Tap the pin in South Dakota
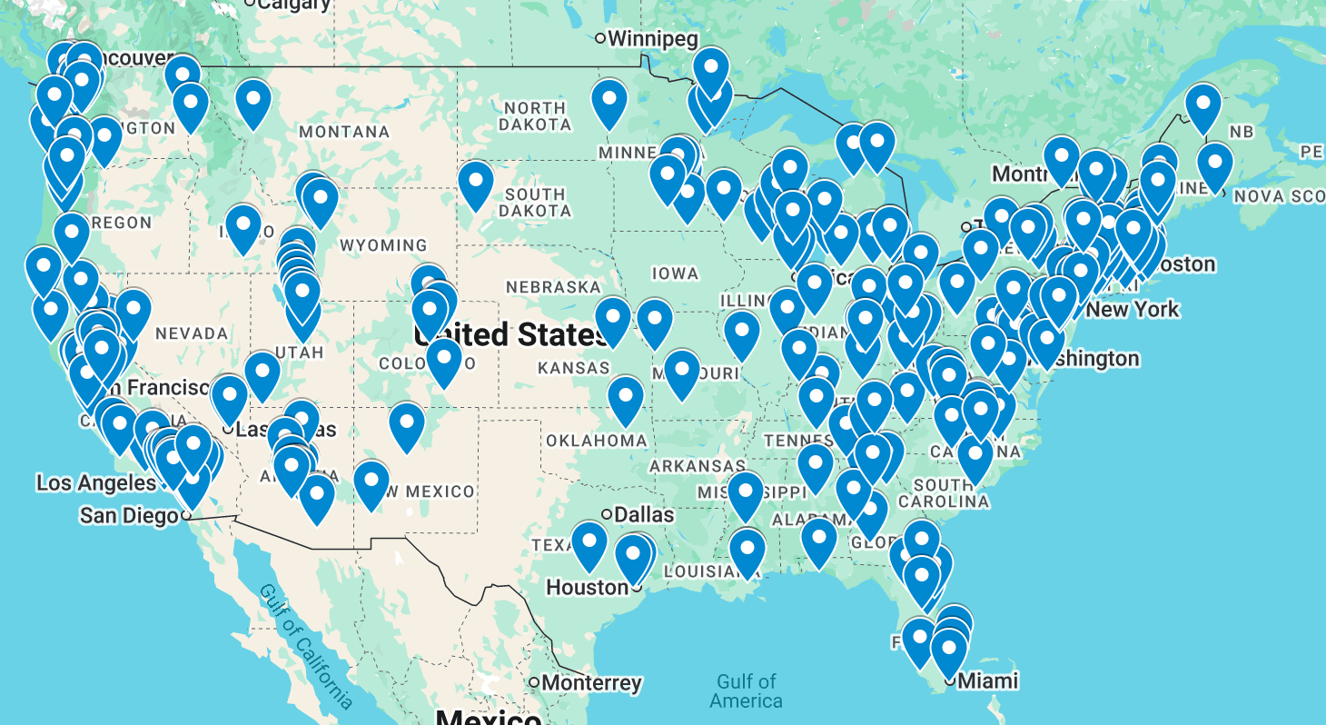[476, 184]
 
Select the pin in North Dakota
[609, 103]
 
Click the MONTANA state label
[344, 133]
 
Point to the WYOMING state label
[383, 245]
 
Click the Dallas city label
[644, 514]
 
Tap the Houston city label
[587, 588]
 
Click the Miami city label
[988, 680]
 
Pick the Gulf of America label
[746, 690]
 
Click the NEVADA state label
[192, 333]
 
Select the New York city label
[1132, 310]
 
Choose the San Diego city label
[128, 516]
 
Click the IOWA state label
[675, 273]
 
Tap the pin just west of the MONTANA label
[253, 102]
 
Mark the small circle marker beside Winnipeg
[600, 38]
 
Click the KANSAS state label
[573, 368]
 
